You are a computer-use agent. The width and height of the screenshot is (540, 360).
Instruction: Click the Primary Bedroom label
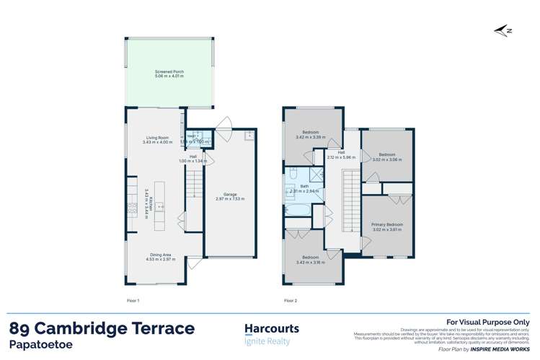point(387,224)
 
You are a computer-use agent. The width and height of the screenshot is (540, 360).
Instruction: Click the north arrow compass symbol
point(505,30)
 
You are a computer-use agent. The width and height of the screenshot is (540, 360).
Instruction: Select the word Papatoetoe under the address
point(40,346)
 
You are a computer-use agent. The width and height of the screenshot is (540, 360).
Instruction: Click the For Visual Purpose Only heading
point(488,322)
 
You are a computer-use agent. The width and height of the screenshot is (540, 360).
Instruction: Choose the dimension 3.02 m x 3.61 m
point(387,229)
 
